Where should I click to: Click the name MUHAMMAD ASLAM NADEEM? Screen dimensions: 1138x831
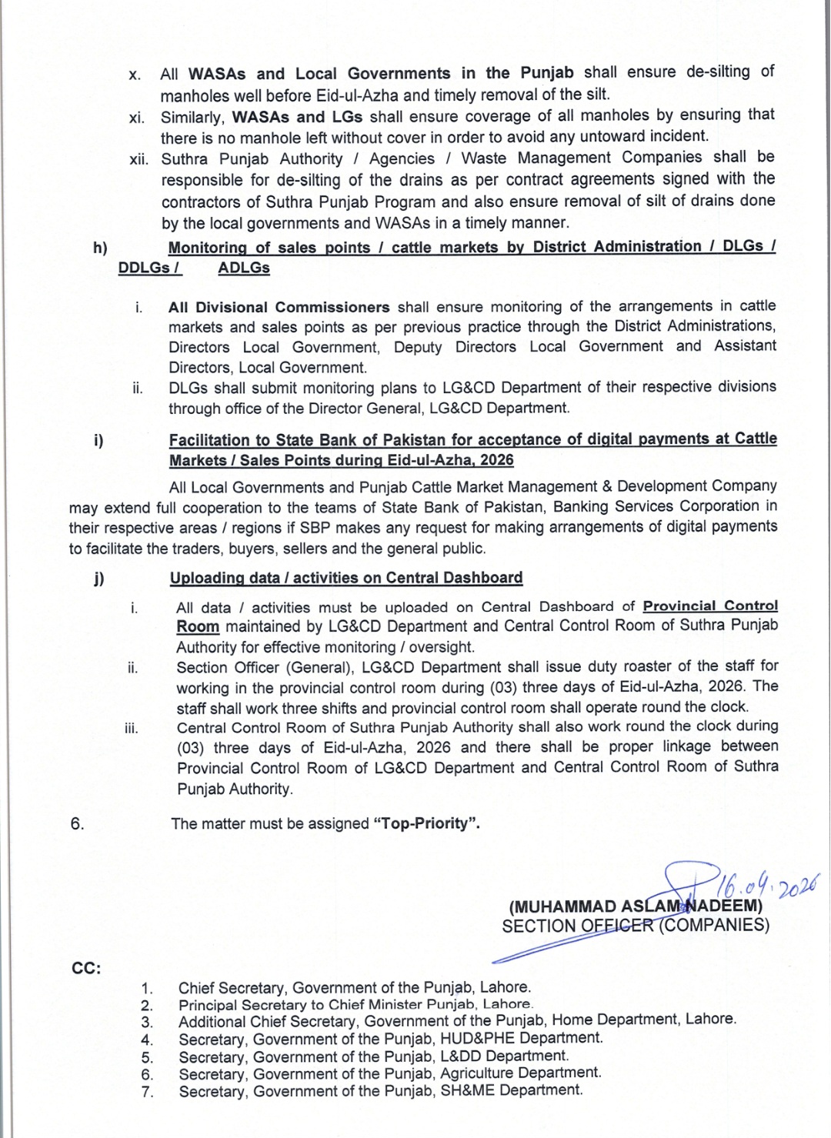point(635,906)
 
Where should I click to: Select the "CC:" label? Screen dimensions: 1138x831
point(87,968)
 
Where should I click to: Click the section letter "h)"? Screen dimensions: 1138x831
point(100,247)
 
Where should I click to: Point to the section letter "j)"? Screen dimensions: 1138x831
point(99,579)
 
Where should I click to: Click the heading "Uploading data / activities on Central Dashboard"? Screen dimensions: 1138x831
point(345,578)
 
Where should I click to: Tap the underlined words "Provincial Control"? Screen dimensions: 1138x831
point(710,606)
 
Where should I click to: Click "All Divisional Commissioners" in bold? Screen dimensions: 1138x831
point(279,307)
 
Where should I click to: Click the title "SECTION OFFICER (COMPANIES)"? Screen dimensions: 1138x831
point(635,926)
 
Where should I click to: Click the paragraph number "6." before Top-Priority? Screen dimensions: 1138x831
point(77,823)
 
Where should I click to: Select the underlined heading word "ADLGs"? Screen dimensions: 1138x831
point(244,268)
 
